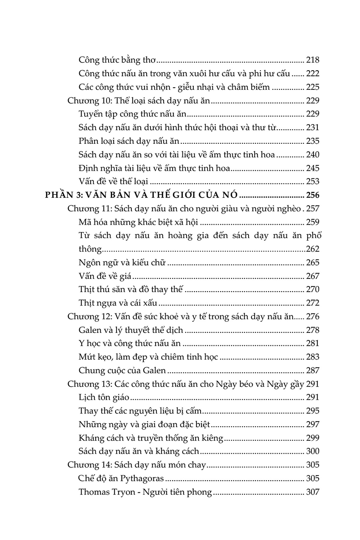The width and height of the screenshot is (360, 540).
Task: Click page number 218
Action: click(313, 60)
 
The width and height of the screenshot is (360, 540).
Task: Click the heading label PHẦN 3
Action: click(63, 195)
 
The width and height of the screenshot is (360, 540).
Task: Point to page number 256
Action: click(313, 195)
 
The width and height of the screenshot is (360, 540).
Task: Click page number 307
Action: click(313, 492)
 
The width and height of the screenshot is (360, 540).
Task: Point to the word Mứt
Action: click(87, 357)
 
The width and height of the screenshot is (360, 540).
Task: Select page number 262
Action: click(313, 249)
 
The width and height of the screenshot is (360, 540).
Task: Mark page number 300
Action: click(313, 451)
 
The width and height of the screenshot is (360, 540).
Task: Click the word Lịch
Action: click(87, 397)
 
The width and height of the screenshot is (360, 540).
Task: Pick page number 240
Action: click(313, 155)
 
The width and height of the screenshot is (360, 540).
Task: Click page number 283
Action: click(313, 357)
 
